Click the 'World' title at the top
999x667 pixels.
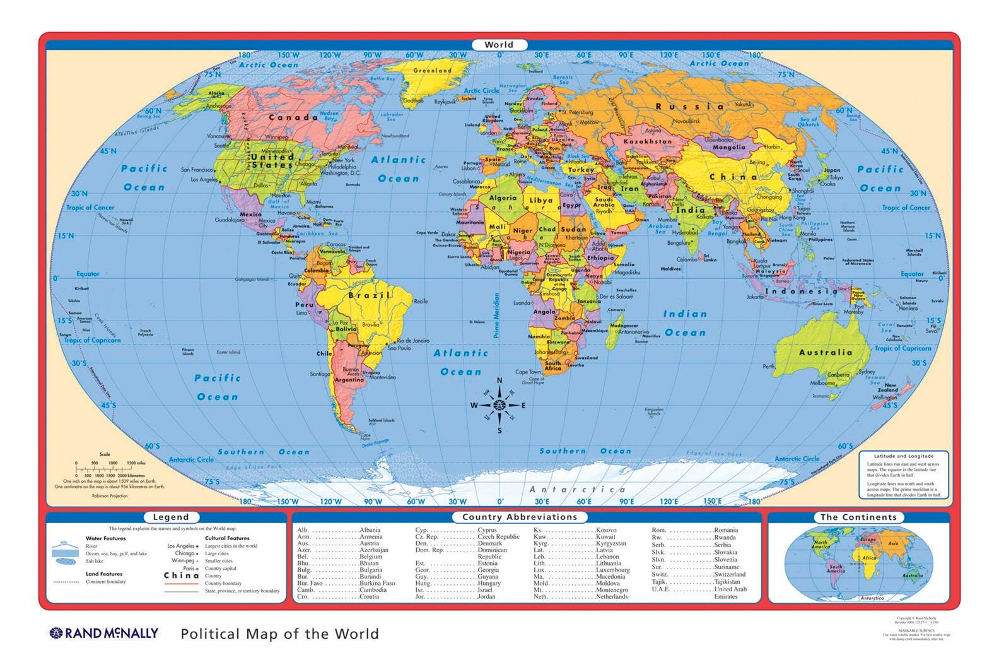pyautogui.click(x=499, y=45)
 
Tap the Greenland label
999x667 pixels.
pyautogui.click(x=432, y=71)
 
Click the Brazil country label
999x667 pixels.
pyautogui.click(x=366, y=295)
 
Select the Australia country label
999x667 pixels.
pyautogui.click(x=826, y=352)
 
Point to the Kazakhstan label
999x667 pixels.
pyautogui.click(x=648, y=141)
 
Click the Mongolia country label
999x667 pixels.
pyautogui.click(x=728, y=147)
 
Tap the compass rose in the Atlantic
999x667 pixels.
pyautogui.click(x=500, y=406)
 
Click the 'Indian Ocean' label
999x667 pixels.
pyautogui.click(x=685, y=323)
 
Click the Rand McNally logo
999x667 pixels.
pyautogui.click(x=104, y=633)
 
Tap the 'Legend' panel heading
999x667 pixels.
pyautogui.click(x=171, y=517)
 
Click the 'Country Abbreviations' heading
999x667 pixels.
pyautogui.click(x=520, y=517)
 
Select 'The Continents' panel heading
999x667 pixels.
pyautogui.click(x=858, y=517)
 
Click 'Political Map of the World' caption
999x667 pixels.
pyautogui.click(x=279, y=634)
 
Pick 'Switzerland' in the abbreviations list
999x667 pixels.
pyautogui.click(x=730, y=574)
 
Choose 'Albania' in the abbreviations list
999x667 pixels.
pyautogui.click(x=370, y=530)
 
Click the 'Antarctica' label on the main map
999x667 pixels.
pyautogui.click(x=577, y=489)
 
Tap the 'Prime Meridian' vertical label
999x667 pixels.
pyautogui.click(x=496, y=315)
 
